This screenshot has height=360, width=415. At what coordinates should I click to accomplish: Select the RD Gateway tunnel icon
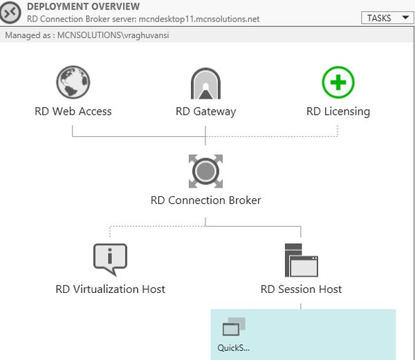[205, 84]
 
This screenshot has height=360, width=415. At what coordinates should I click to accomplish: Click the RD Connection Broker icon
[205, 171]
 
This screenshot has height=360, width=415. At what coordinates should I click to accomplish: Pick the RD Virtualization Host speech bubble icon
[110, 259]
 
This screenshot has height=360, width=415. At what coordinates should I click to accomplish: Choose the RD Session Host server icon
[301, 260]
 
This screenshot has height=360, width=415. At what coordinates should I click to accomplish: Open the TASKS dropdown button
[387, 18]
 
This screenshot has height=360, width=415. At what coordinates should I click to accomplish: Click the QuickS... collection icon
[234, 328]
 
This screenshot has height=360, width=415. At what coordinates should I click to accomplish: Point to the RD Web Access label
[73, 111]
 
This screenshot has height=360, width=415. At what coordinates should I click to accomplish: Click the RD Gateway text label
[205, 111]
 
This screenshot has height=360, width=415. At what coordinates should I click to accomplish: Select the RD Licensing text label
[338, 111]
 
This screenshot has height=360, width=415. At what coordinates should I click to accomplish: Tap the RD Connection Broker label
[205, 200]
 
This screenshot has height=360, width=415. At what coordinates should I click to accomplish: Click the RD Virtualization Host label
[110, 289]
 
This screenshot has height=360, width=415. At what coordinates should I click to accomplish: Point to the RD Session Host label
[301, 289]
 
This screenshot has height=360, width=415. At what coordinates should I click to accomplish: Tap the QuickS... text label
[234, 348]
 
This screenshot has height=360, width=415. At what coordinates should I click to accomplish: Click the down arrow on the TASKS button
[404, 19]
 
